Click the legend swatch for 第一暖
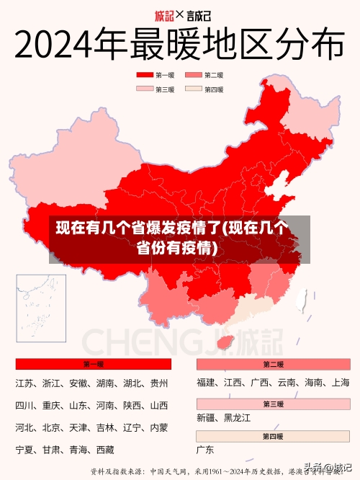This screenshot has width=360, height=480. (x=145, y=75)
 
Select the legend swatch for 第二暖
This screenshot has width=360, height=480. (x=194, y=75)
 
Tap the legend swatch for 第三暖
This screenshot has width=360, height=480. (x=145, y=90)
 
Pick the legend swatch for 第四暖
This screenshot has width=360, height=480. (x=194, y=90)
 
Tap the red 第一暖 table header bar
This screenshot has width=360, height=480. (x=93, y=364)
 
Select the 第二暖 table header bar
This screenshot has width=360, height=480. (x=273, y=364)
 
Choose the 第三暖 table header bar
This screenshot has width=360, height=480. (x=273, y=404)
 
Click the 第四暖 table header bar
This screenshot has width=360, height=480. (x=273, y=437)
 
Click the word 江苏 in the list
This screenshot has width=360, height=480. (x=24, y=383)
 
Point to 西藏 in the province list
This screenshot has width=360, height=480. (x=105, y=450)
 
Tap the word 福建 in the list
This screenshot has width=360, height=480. (x=206, y=383)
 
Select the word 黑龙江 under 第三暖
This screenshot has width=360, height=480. (x=237, y=417)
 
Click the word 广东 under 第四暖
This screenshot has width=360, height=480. (x=205, y=450)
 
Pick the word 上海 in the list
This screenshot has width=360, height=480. (x=341, y=383)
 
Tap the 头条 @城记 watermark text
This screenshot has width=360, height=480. (x=328, y=467)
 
